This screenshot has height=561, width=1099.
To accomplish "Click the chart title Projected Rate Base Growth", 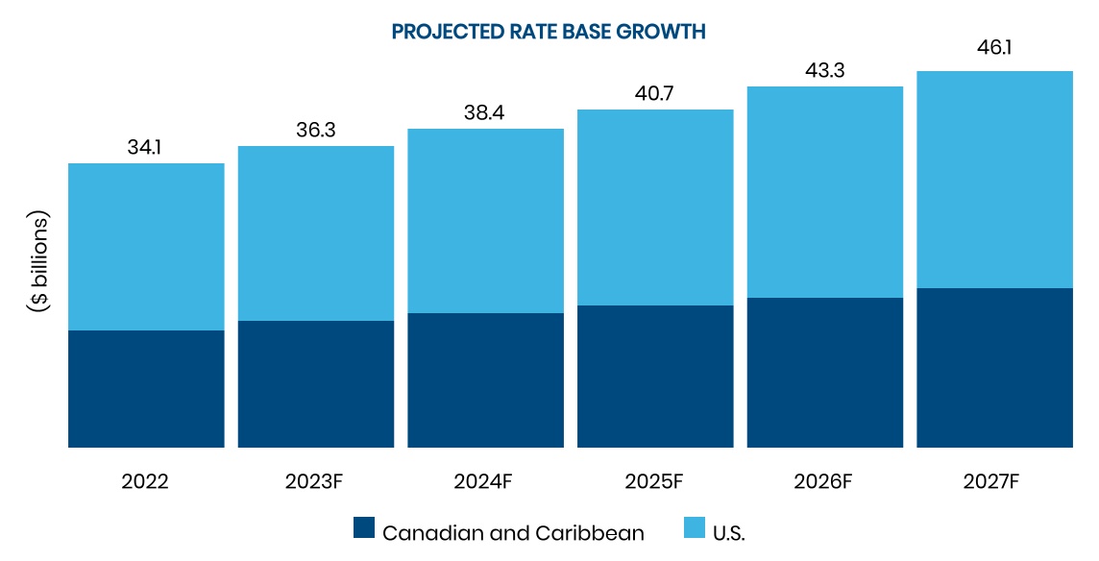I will click(x=549, y=32).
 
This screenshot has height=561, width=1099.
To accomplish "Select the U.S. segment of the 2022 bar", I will click(x=146, y=247).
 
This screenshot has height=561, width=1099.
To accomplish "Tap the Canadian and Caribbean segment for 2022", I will click(x=146, y=389).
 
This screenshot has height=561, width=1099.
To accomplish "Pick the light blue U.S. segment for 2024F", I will click(x=485, y=221).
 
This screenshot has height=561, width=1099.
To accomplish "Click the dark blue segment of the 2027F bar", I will click(x=994, y=368).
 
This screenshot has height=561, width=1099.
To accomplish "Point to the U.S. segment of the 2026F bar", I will click(x=825, y=192).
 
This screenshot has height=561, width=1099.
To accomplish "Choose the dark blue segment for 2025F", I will click(x=655, y=377).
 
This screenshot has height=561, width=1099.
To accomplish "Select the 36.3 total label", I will click(x=315, y=131).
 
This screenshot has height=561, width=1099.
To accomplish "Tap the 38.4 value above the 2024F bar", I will click(x=485, y=113).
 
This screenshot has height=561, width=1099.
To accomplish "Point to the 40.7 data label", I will click(x=655, y=94).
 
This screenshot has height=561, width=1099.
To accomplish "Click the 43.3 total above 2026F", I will click(x=825, y=71).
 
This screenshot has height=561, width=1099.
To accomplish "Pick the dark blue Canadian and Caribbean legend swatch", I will click(x=363, y=528).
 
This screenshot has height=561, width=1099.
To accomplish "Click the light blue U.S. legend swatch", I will click(x=695, y=528).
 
